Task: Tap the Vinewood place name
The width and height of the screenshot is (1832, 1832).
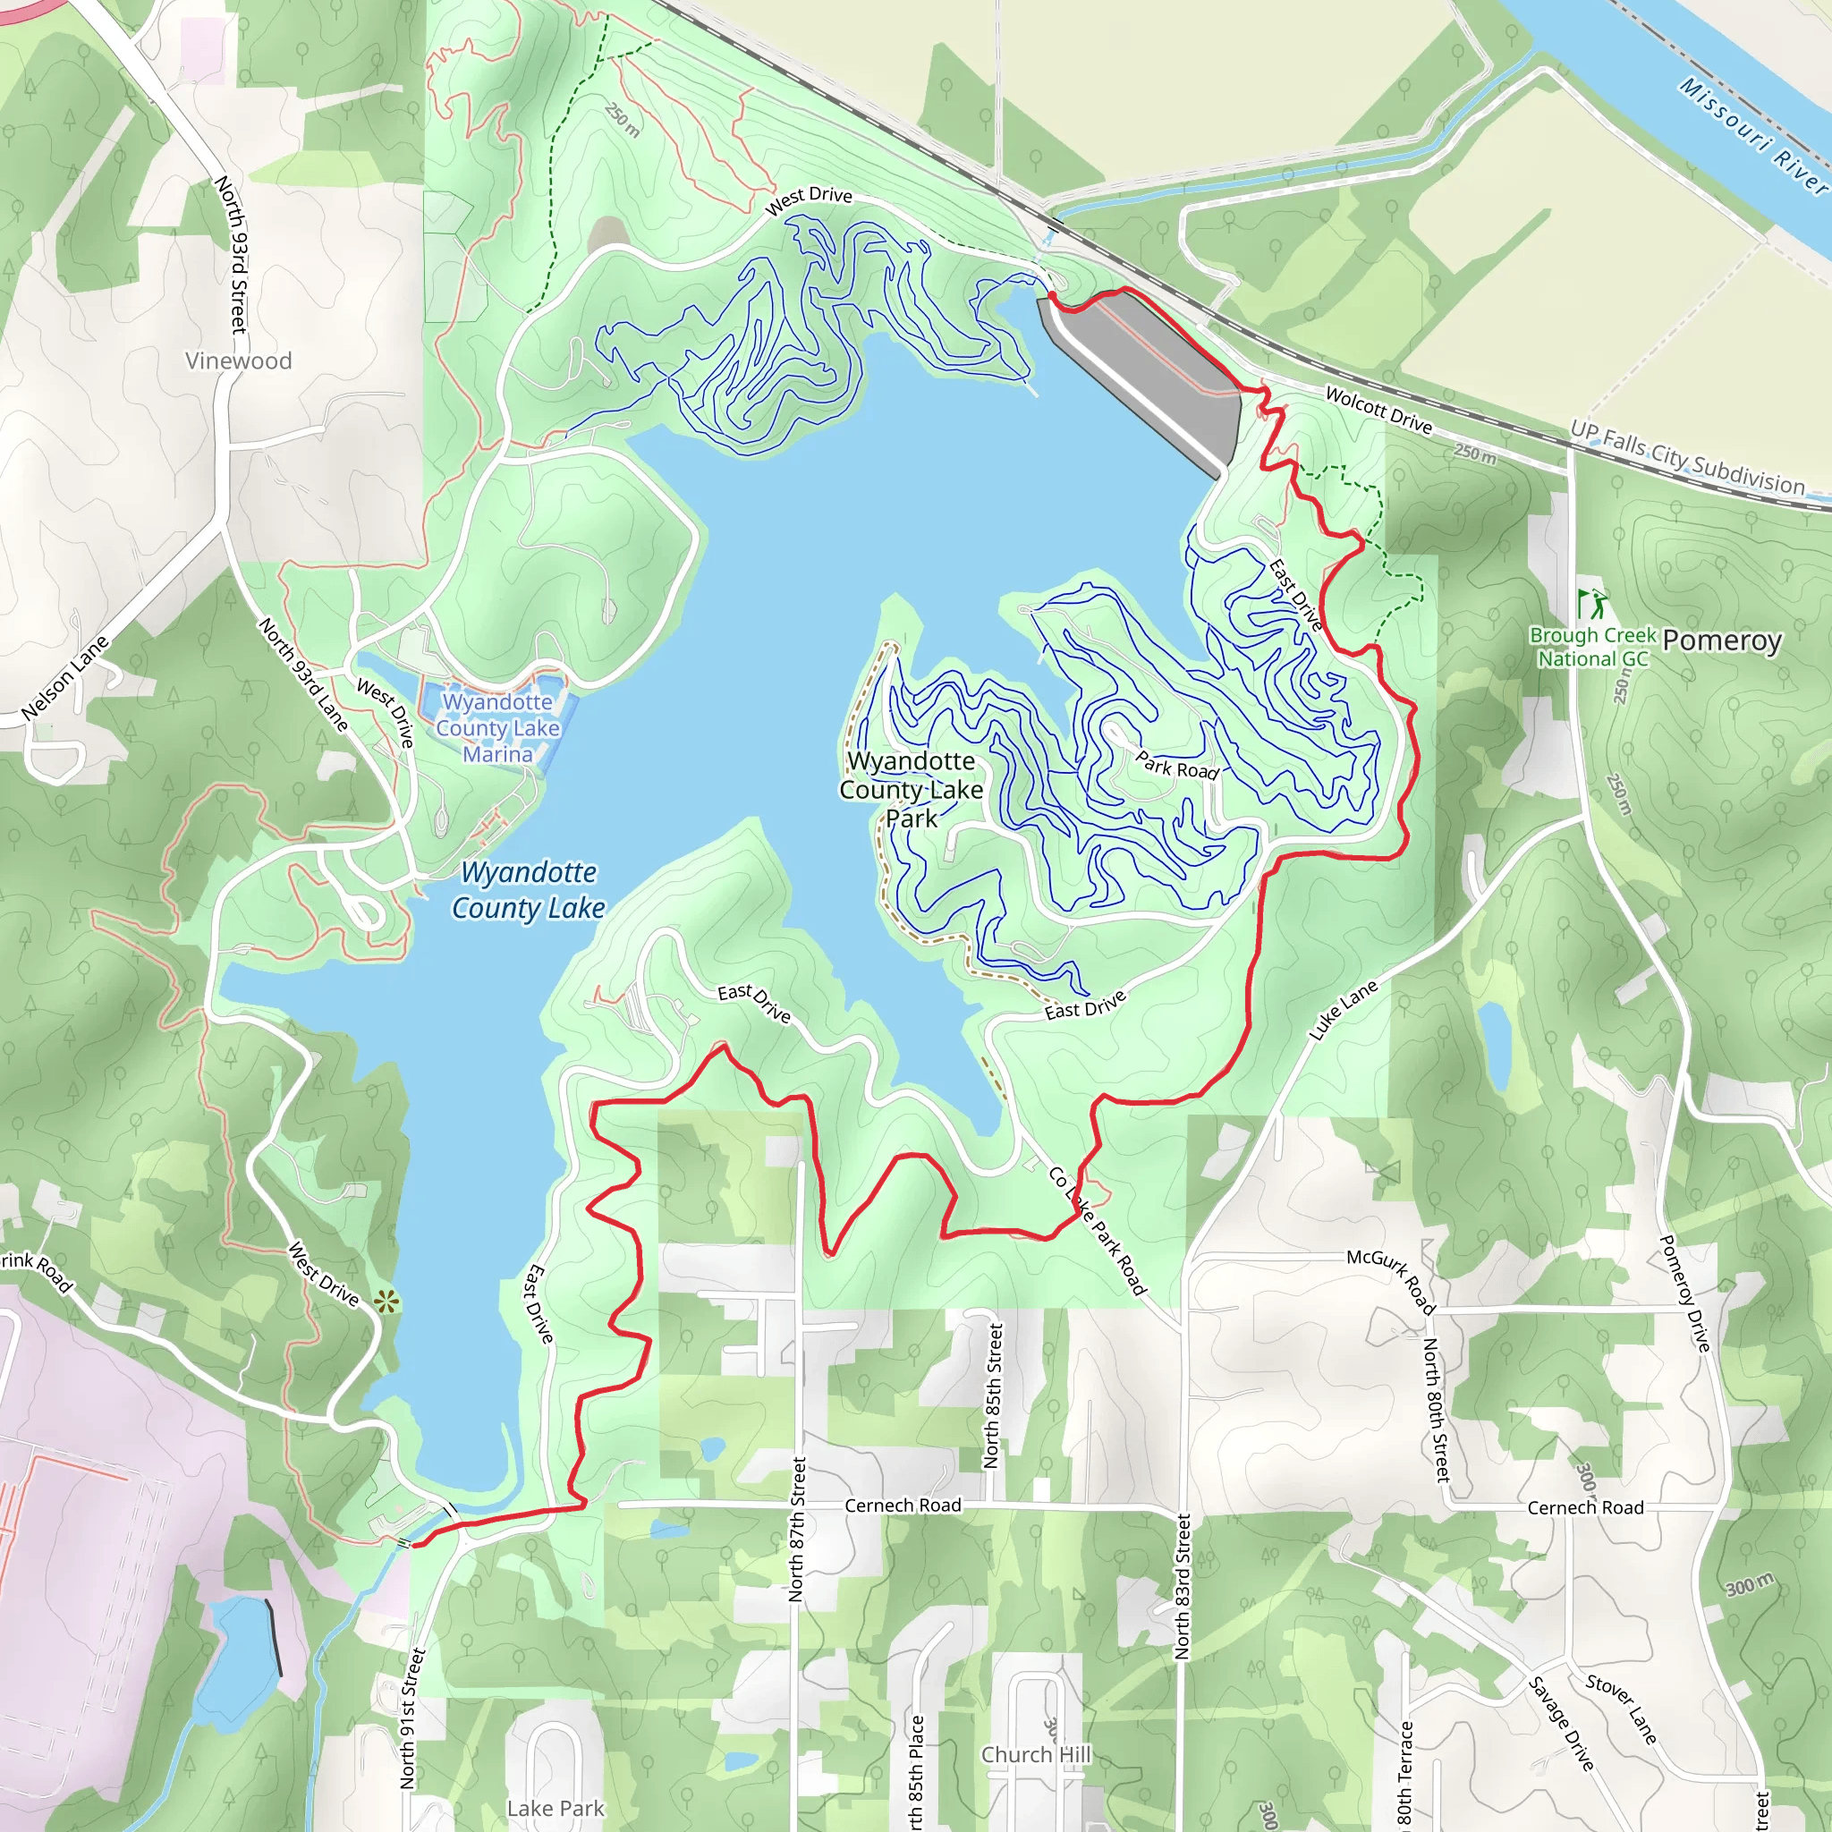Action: [238, 360]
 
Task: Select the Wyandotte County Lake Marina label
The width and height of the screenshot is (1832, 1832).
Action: [498, 728]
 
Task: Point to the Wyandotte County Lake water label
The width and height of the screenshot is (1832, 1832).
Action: [528, 889]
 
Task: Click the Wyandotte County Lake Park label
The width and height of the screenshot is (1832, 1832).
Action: [911, 789]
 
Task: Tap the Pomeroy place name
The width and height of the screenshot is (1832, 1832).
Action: [1722, 641]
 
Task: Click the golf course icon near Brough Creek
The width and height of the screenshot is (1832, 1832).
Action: [1592, 603]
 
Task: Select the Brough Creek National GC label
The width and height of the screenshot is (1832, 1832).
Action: [1593, 647]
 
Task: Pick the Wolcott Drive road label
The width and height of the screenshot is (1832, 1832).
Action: [1378, 410]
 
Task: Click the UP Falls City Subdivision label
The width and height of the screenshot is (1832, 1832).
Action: [1688, 458]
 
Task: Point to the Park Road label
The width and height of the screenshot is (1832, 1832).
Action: [1177, 765]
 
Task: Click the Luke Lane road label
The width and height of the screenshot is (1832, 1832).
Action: [1343, 1011]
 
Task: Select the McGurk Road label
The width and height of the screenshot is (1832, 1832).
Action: [1391, 1281]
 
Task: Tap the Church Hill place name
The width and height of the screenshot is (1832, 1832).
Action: [1037, 1755]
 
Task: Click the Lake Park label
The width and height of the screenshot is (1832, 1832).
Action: [555, 1808]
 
